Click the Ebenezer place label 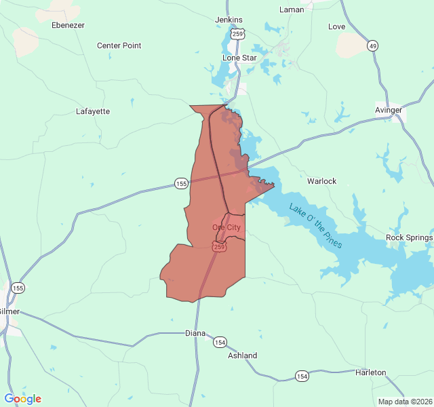(68, 25)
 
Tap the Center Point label (119, 45)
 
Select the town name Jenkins (229, 20)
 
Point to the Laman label (292, 9)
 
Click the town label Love (336, 26)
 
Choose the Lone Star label (239, 58)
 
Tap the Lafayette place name (93, 111)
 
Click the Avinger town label (389, 110)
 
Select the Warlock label (321, 181)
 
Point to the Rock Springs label (409, 237)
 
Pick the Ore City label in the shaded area (226, 227)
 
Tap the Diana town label (195, 333)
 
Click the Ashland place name (242, 355)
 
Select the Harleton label (370, 372)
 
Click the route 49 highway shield (372, 46)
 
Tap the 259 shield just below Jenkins (237, 33)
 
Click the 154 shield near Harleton (302, 376)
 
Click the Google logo (22, 399)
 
